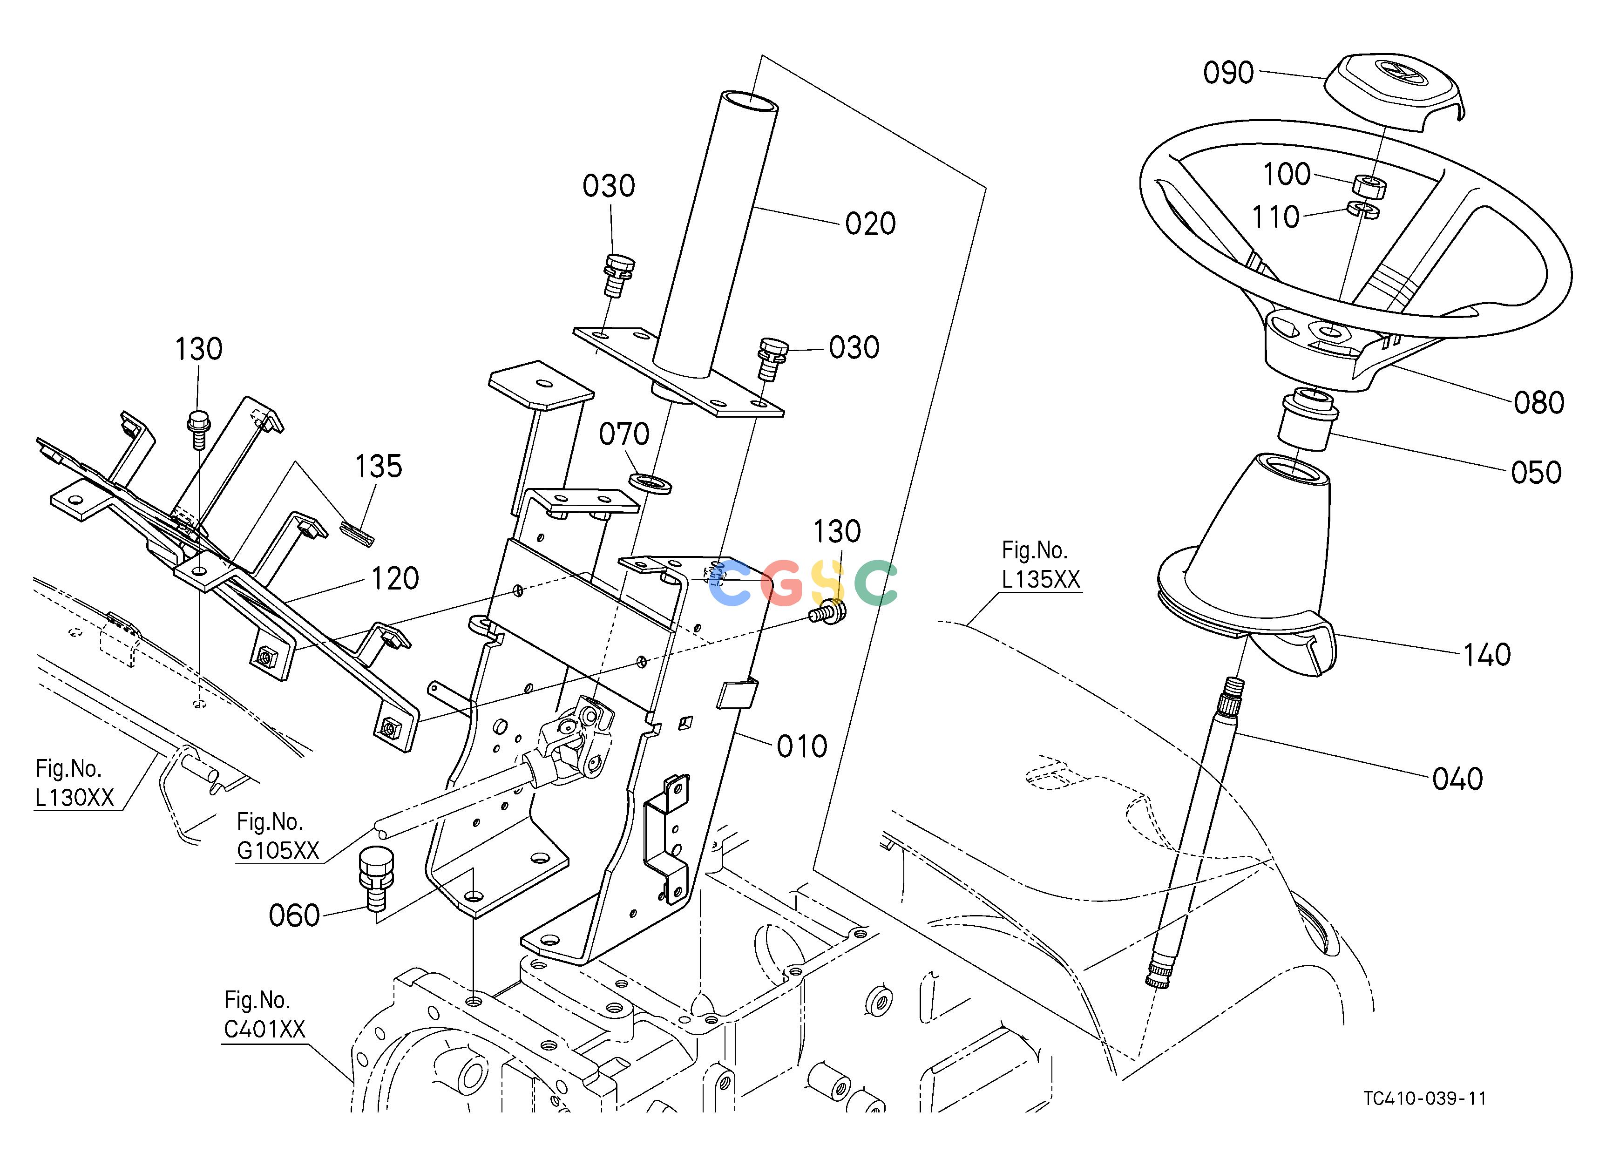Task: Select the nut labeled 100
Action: tap(1369, 187)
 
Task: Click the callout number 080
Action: tap(1539, 403)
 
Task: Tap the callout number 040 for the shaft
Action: tap(1457, 779)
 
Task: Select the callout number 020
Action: tap(870, 224)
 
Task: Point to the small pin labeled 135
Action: tap(357, 534)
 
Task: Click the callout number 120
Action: tap(395, 578)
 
